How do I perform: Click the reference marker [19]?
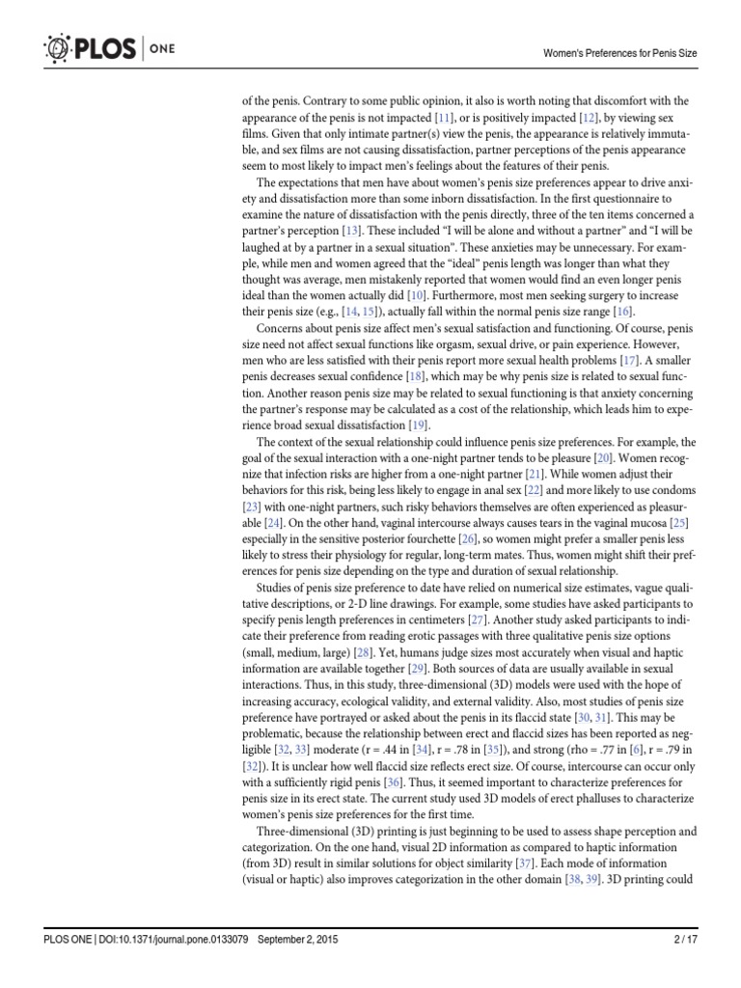pyautogui.click(x=418, y=425)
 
